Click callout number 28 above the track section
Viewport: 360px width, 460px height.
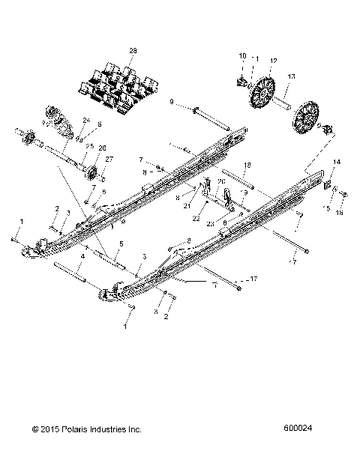[133, 50]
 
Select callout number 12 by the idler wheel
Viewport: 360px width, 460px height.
[273, 60]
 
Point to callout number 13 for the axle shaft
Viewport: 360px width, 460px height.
[292, 76]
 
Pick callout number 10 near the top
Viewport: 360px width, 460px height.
[242, 56]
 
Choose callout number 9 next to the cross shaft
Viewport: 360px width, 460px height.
[172, 101]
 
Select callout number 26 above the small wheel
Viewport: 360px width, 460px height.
[102, 147]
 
